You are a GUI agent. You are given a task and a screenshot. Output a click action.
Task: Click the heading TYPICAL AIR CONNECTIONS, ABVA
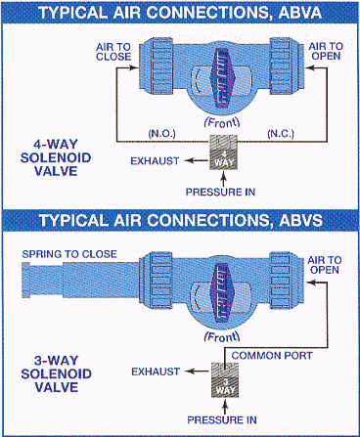tap(179, 13)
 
